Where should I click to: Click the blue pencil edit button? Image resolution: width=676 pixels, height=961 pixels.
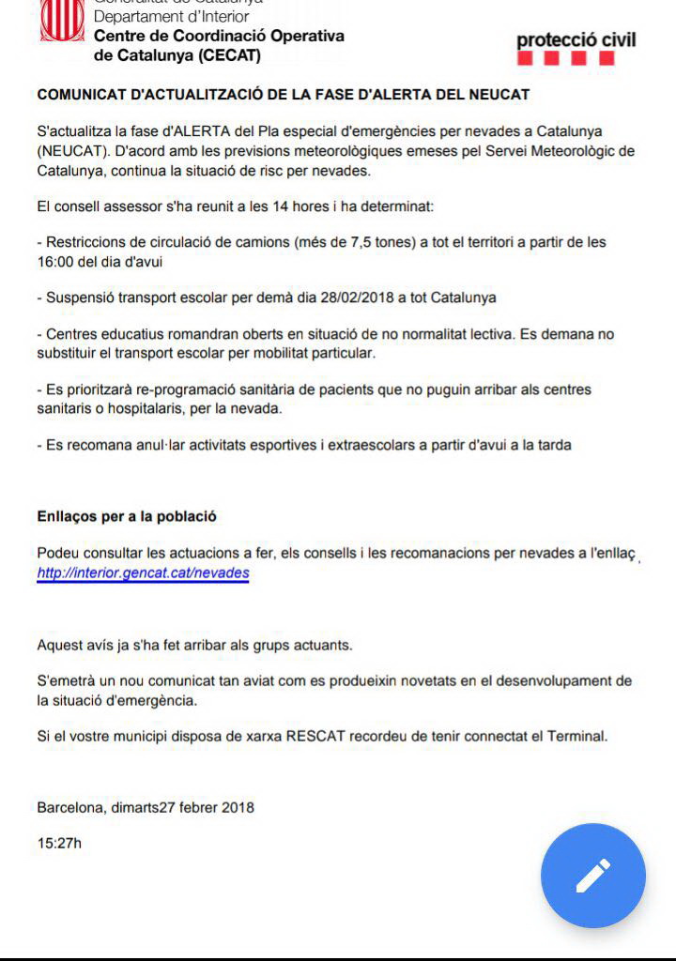tap(592, 876)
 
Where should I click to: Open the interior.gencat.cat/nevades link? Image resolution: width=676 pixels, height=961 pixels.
tap(143, 572)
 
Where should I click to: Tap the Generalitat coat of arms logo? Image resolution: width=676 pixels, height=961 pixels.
tap(61, 21)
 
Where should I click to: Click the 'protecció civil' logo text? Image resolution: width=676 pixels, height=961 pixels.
tap(576, 40)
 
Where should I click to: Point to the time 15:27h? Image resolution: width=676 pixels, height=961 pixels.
tap(59, 843)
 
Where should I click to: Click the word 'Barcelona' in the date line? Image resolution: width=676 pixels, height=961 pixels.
tap(70, 807)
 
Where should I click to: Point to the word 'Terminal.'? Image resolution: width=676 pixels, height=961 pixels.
tap(577, 736)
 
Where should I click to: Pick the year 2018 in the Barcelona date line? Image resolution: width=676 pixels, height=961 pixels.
tap(238, 807)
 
